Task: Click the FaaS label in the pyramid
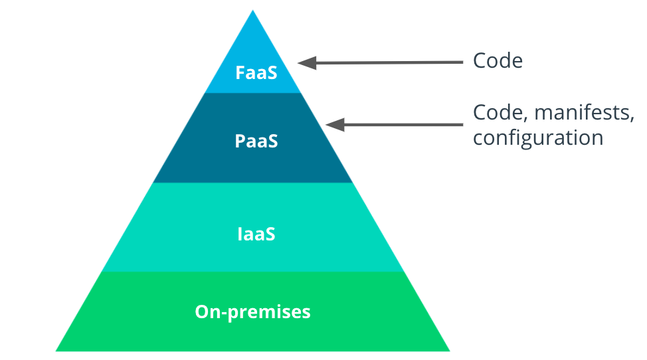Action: tap(256, 72)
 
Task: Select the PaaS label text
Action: tap(256, 141)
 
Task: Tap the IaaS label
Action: tap(256, 234)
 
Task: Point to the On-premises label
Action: tap(253, 312)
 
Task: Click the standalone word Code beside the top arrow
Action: tap(498, 61)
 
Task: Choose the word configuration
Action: tap(538, 138)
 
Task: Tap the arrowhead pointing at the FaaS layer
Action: tap(306, 63)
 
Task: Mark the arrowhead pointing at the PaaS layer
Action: tap(334, 124)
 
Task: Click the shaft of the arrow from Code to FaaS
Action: tap(392, 62)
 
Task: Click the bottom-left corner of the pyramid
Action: tap(56, 350)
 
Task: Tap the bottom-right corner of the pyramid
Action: tap(449, 350)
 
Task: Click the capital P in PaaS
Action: tap(240, 141)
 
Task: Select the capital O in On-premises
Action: tap(202, 312)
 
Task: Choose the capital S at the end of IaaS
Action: tap(270, 234)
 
